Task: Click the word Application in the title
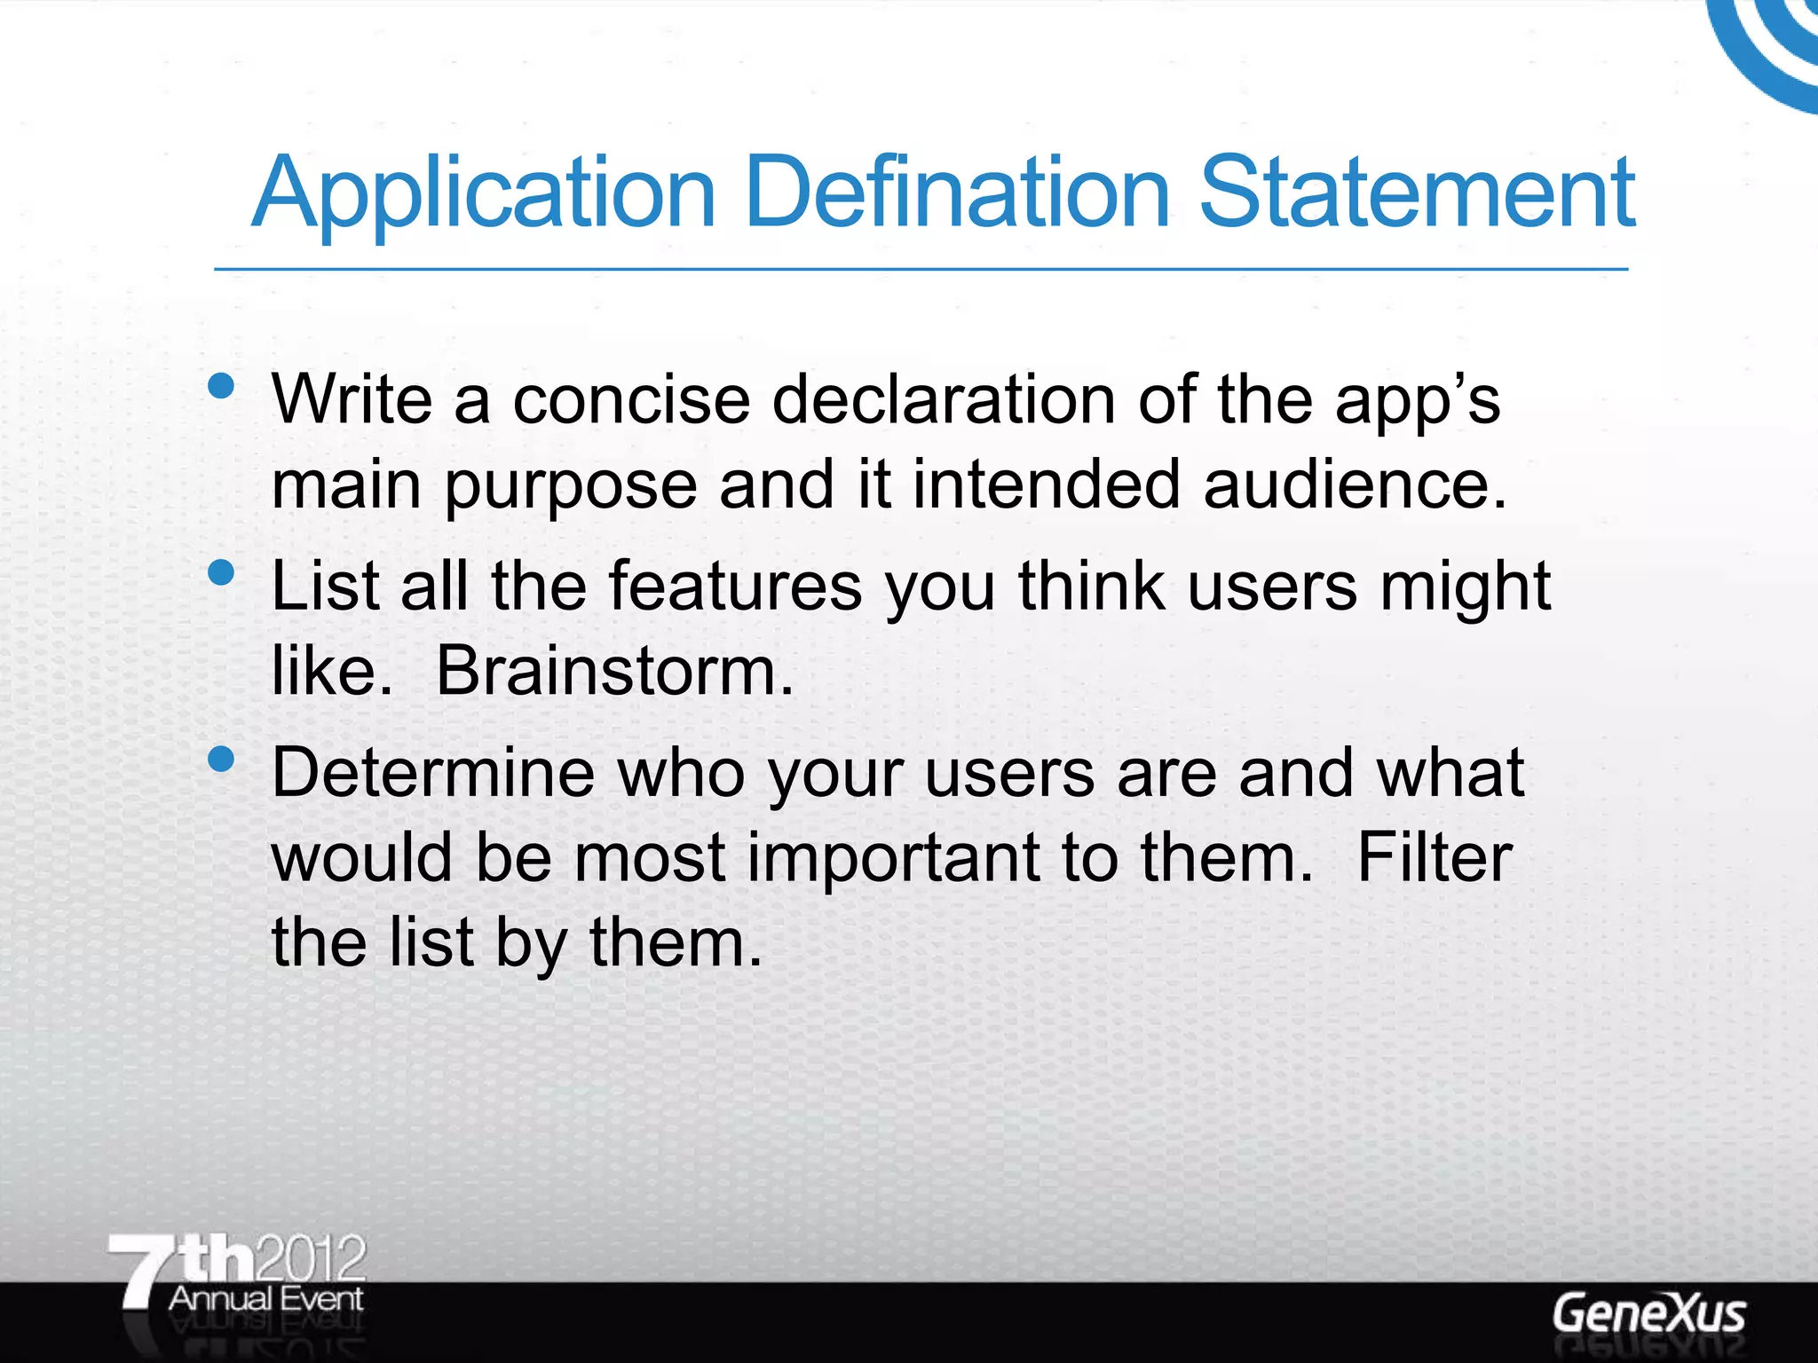(484, 193)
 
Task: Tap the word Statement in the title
(1417, 192)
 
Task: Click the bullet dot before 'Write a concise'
(221, 386)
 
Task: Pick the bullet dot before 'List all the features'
(221, 572)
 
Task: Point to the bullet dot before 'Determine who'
(221, 759)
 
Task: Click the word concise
(631, 400)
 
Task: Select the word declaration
(944, 400)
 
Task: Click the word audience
(1354, 485)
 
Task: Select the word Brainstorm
(614, 671)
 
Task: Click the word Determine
(432, 773)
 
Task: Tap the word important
(894, 859)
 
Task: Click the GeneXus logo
(1649, 1314)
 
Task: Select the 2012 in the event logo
(311, 1257)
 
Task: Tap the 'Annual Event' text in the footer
(265, 1299)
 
